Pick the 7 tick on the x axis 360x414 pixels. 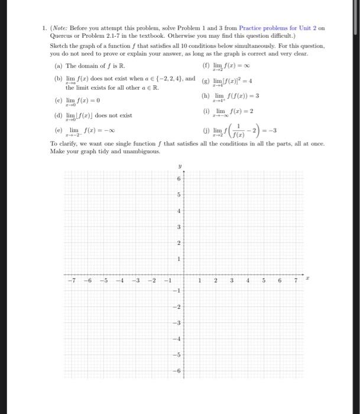pos(297,281)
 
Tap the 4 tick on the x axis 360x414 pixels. pos(248,281)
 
